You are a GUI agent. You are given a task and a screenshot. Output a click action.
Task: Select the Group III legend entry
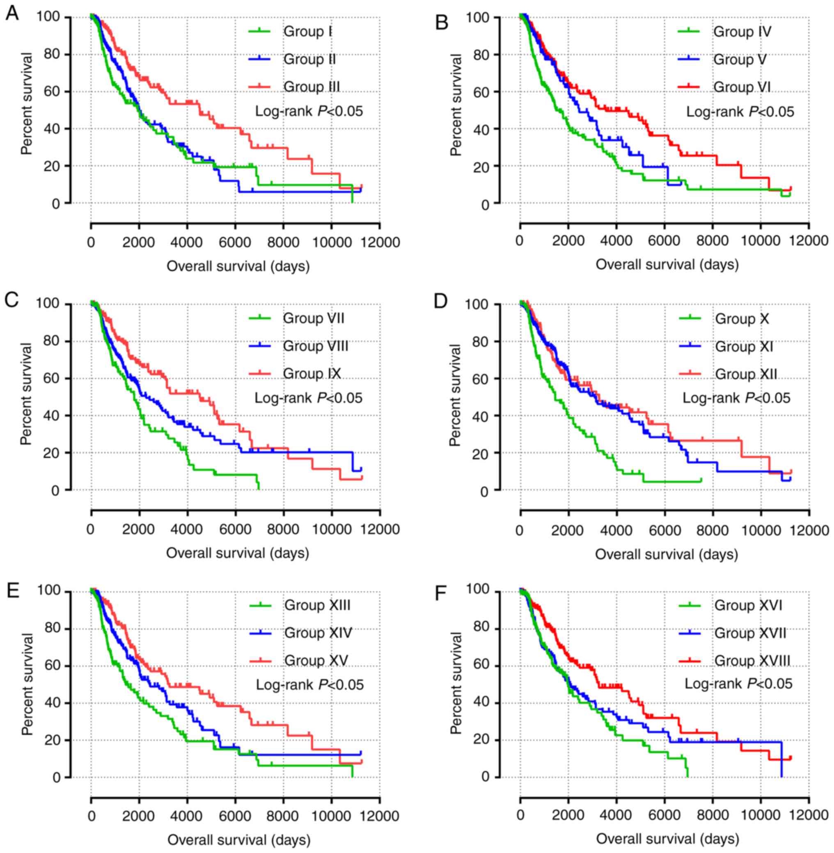click(x=312, y=87)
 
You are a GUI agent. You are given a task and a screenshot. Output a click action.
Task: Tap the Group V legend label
click(x=740, y=59)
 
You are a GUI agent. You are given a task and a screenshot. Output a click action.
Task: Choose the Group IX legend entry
click(x=312, y=373)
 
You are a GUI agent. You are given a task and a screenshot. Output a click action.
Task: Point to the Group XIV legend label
click(x=318, y=633)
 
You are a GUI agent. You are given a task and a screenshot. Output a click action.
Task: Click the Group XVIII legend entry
click(x=752, y=660)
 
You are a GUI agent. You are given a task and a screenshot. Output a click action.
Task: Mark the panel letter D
click(x=441, y=302)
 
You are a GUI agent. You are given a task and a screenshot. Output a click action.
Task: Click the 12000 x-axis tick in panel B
click(x=809, y=241)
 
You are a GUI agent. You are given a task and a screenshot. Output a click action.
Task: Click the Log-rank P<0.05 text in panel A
click(x=309, y=111)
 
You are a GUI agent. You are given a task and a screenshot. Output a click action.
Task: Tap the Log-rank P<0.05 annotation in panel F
click(x=738, y=684)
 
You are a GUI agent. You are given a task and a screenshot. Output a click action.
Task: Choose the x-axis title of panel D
click(x=666, y=554)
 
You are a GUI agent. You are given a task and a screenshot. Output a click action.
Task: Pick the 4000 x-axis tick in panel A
click(x=187, y=242)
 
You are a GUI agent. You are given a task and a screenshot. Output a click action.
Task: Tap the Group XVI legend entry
click(x=748, y=606)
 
